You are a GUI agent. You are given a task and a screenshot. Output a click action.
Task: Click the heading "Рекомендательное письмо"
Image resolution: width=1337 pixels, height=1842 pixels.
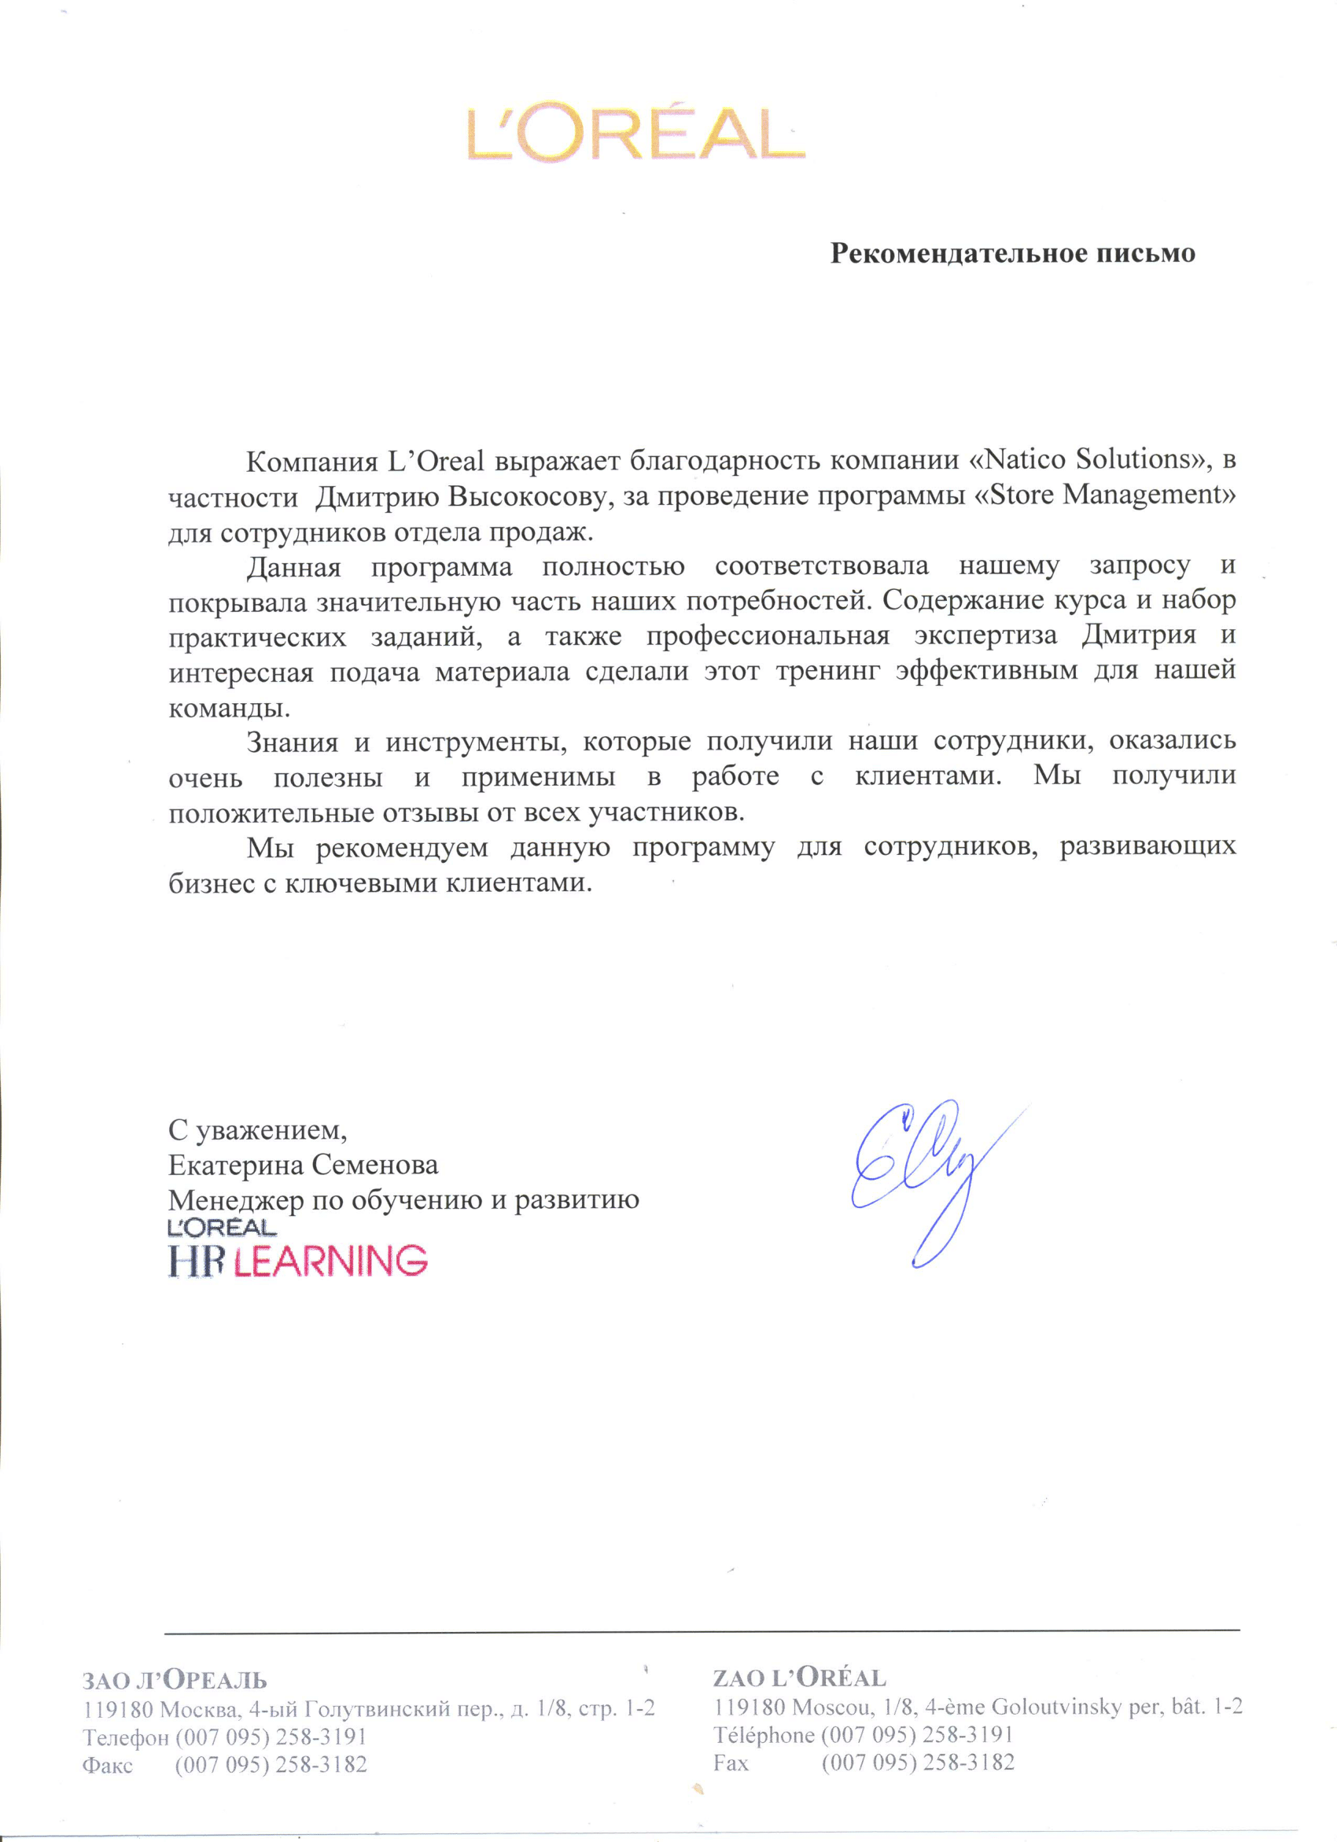point(1012,253)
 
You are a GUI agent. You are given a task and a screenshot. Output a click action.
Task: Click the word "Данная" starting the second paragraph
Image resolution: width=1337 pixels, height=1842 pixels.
point(293,566)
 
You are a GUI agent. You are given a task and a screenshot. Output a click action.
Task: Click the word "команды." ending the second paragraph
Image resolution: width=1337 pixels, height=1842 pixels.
point(229,707)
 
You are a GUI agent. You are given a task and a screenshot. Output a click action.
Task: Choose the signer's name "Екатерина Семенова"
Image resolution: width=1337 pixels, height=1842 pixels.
point(303,1166)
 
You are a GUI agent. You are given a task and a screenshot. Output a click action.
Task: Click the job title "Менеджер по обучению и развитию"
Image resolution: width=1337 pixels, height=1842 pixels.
point(403,1200)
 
